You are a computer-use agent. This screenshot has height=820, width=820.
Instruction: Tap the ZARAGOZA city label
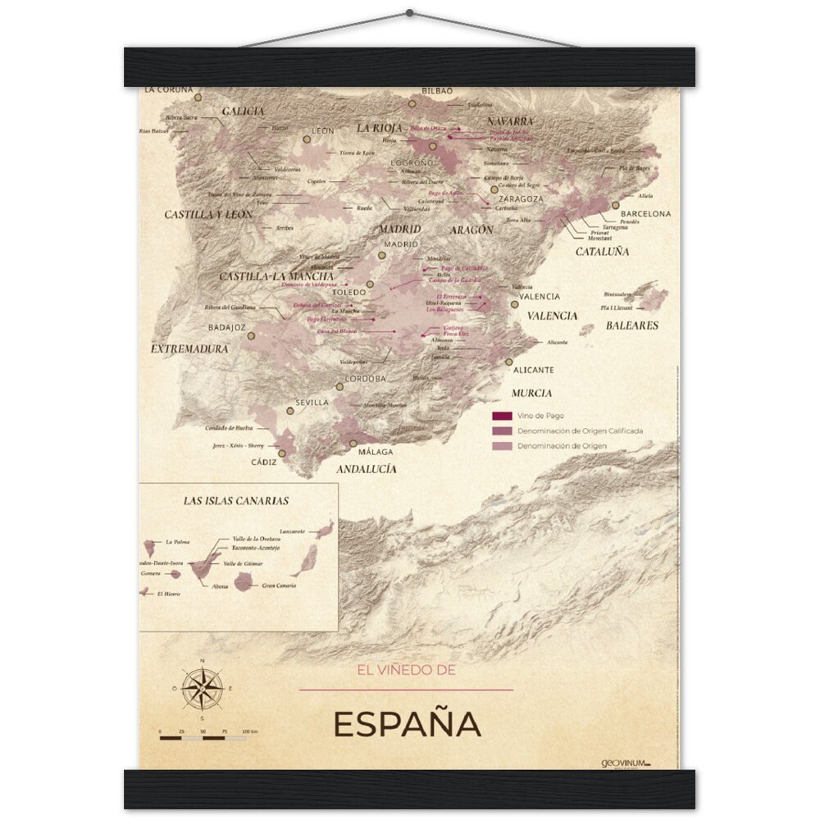[518, 198]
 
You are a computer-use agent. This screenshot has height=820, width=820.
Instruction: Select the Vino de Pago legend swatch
[502, 417]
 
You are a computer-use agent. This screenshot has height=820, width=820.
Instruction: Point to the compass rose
[203, 687]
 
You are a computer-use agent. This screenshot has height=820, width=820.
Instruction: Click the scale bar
[203, 738]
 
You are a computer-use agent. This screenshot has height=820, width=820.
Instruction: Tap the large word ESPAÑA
[407, 725]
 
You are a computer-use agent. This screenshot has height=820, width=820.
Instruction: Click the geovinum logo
[625, 763]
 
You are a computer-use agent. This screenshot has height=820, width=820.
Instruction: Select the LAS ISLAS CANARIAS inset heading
[236, 499]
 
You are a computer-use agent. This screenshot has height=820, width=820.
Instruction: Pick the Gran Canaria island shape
[244, 582]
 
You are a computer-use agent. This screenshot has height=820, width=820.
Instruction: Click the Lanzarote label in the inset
[293, 531]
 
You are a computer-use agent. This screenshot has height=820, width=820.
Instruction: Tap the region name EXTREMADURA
[189, 348]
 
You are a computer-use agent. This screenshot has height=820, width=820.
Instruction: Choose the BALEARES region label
[632, 326]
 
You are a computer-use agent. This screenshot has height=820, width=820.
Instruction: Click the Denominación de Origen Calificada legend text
[579, 431]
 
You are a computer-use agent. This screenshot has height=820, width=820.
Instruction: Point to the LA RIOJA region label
[379, 128]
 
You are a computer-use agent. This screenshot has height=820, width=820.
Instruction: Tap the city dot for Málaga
[353, 443]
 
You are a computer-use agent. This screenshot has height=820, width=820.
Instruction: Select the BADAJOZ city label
[227, 326]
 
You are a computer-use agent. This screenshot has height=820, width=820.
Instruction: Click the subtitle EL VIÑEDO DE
[406, 670]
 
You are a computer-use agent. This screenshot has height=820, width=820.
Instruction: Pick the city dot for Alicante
[509, 361]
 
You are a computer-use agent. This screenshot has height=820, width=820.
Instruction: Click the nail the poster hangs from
[409, 13]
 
